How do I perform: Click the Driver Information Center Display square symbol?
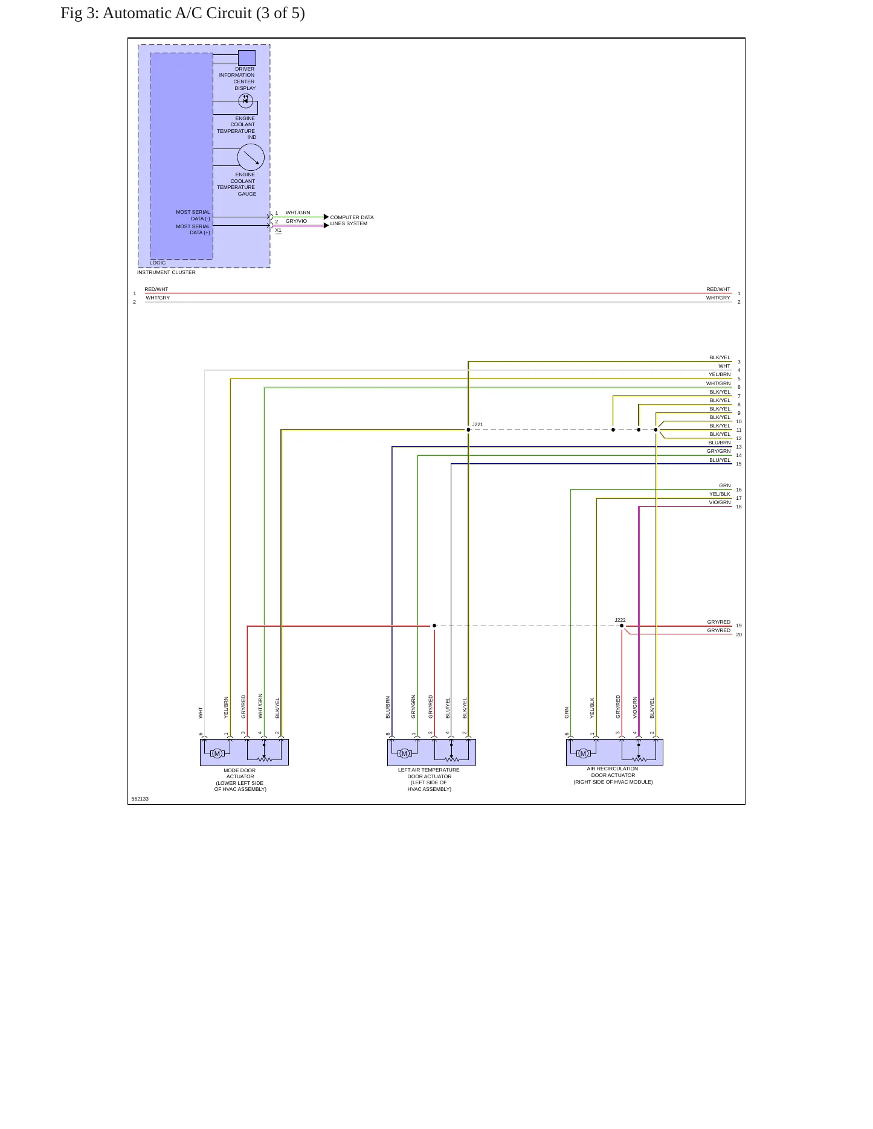246,58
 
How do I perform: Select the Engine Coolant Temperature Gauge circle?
251,158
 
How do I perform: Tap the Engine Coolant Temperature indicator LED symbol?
245,100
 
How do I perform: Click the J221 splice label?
477,424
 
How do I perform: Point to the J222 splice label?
620,620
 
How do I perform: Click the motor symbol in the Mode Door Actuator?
217,753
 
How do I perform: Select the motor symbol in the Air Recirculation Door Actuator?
583,753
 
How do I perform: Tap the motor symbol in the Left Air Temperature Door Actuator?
405,753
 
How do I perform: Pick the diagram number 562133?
140,799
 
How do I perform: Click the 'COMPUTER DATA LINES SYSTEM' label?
352,220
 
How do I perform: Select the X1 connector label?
278,230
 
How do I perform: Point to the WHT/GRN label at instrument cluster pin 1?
298,213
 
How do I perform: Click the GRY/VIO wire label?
296,221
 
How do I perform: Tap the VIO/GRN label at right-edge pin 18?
720,502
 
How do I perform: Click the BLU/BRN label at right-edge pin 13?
720,443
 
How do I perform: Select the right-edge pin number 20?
739,635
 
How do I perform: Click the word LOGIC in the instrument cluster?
158,263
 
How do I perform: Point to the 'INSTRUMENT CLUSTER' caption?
166,272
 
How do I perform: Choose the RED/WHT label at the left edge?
156,289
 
